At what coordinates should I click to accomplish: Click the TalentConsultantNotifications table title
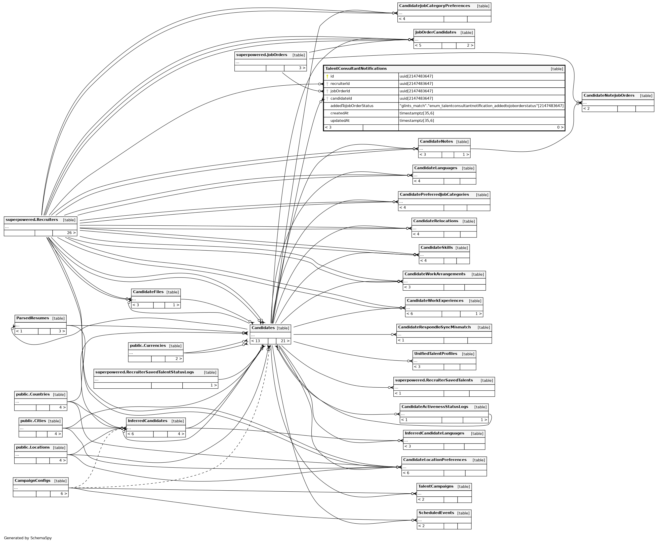point(356,69)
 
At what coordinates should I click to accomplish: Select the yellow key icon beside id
point(327,76)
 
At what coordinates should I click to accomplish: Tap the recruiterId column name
point(340,84)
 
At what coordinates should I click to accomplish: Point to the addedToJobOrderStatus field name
point(352,106)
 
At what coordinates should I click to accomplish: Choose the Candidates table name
point(263,328)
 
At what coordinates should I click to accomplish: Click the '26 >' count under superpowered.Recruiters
point(71,233)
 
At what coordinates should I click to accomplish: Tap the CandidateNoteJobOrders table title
point(609,95)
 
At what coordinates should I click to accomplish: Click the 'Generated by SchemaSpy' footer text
point(28,538)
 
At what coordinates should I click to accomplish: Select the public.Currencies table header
point(148,346)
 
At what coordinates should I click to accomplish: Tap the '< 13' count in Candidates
point(256,341)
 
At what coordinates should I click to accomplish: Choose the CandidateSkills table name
point(436,247)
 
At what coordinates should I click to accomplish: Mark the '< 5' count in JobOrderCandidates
point(418,45)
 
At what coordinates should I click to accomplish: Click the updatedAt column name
point(340,121)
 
